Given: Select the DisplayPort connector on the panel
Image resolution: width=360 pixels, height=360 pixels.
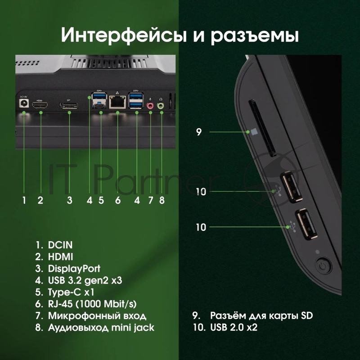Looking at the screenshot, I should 69,106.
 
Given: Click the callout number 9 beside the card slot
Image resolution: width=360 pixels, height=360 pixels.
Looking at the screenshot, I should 199,132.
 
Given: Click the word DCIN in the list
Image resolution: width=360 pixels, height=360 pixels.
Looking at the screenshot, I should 60,246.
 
